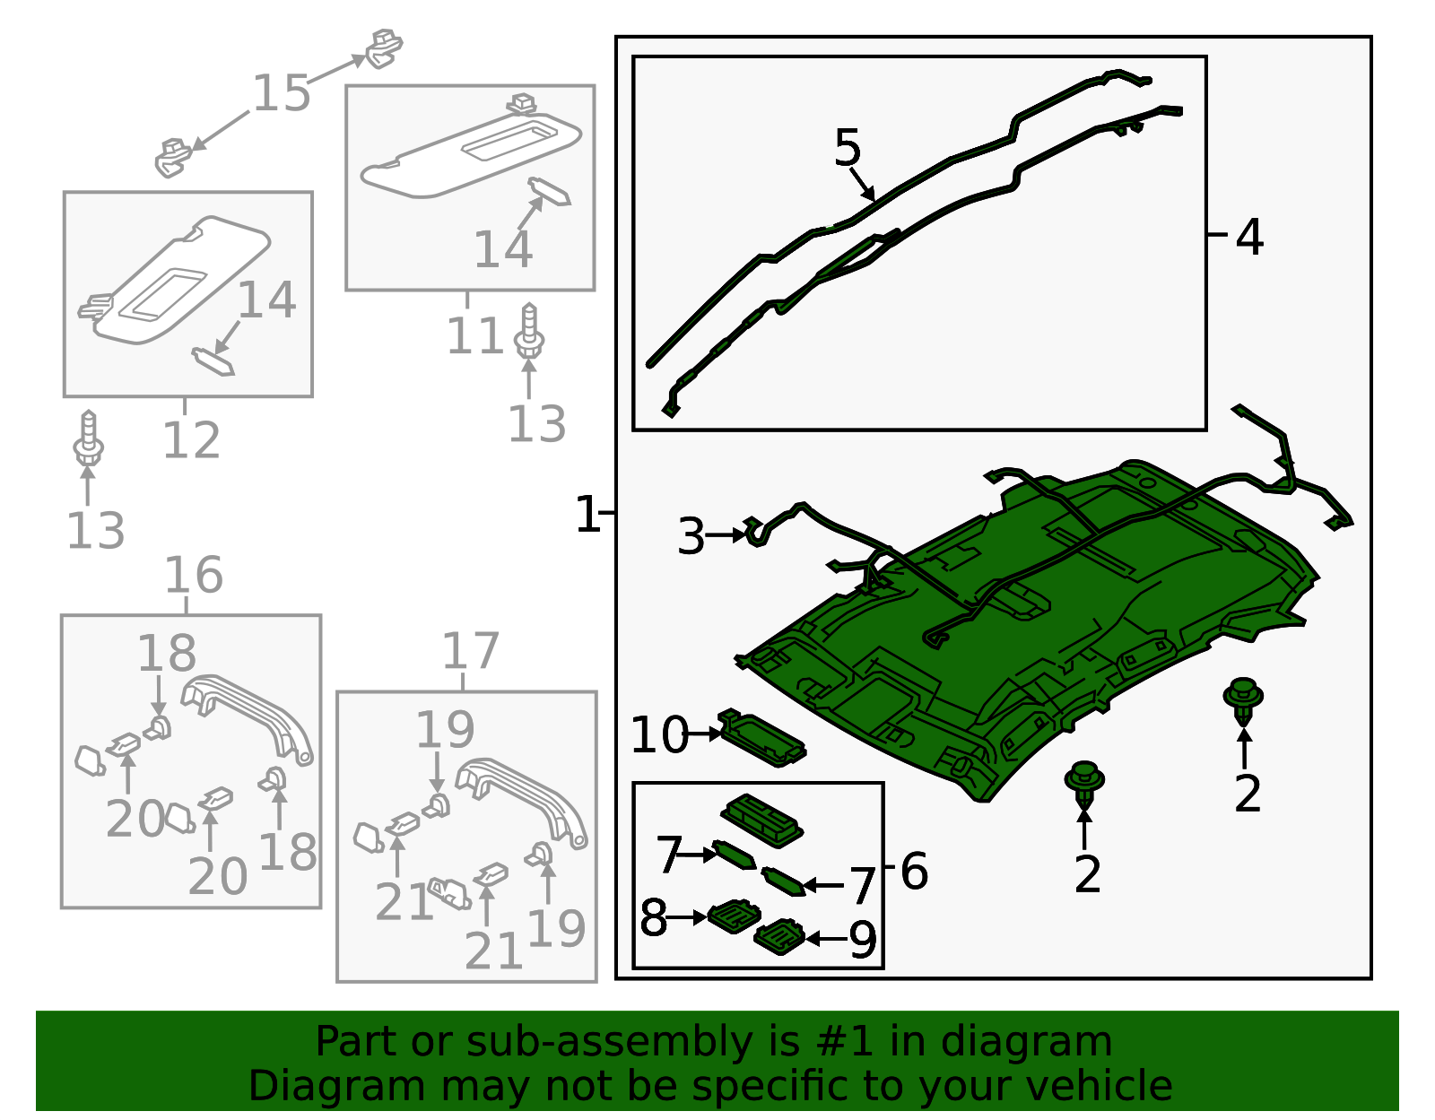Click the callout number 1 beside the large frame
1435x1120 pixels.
pos(587,514)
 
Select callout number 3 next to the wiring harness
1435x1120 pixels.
pos(691,536)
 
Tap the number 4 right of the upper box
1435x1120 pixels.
pos(1249,238)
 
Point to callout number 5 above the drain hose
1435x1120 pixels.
pos(848,147)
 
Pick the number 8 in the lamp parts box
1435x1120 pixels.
pos(654,917)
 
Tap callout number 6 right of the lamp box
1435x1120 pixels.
pos(914,872)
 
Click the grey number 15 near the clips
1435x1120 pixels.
pos(282,93)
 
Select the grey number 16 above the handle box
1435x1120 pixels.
pos(194,575)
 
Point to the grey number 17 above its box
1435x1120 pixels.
pos(470,651)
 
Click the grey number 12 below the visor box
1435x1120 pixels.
pos(191,440)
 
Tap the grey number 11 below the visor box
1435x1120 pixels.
pos(475,336)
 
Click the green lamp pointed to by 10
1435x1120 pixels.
pos(761,738)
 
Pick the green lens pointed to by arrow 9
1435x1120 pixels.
pos(779,936)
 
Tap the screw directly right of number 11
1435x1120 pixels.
pos(529,331)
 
